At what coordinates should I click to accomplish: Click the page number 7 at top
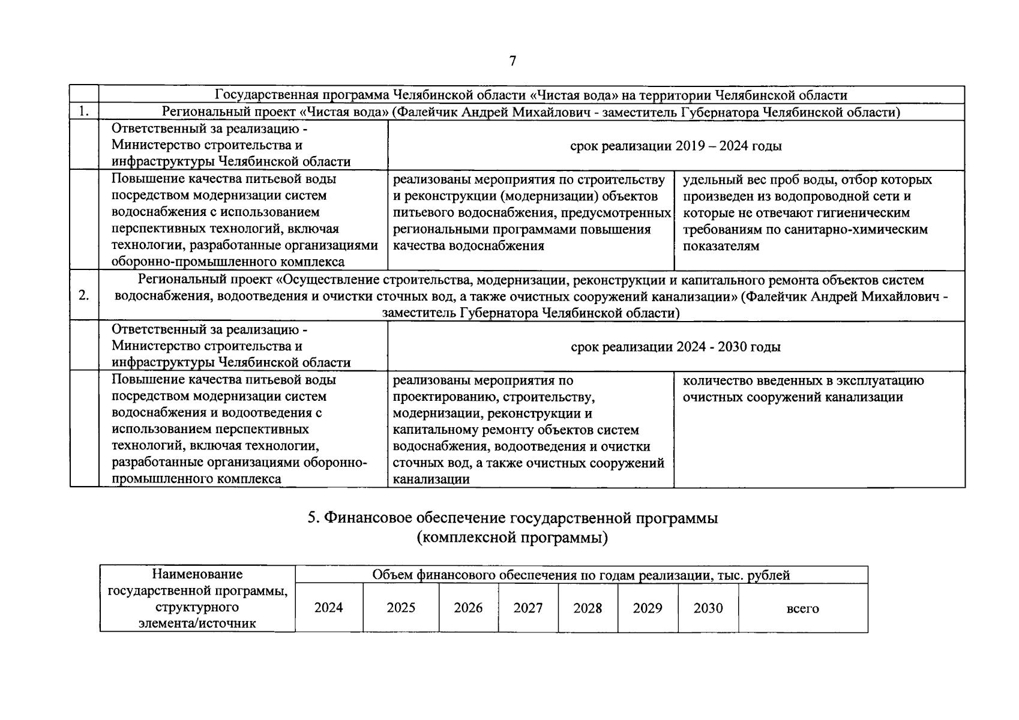pos(513,61)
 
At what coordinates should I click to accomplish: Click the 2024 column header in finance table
pos(328,608)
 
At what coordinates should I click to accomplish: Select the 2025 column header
pos(401,608)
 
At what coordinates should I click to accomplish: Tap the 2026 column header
pos(468,608)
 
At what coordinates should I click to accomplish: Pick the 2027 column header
pos(528,608)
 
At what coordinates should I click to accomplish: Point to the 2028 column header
pos(588,608)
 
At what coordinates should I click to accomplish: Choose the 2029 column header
pos(648,608)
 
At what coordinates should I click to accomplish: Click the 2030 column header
pos(708,608)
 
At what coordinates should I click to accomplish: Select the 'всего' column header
pos(802,608)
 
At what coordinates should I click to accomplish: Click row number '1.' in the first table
pos(84,112)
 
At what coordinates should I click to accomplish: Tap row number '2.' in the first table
pos(84,295)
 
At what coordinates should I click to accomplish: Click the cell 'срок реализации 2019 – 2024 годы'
pos(676,146)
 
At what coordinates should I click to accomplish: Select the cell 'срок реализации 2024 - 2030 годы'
pos(676,346)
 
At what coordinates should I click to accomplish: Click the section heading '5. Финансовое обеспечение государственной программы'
pos(513,518)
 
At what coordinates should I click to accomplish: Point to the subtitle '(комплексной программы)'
pos(513,538)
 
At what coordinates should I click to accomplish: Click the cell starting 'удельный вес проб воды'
pos(807,212)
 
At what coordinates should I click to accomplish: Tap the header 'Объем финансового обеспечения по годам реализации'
pos(581,575)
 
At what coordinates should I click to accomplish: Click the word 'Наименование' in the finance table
pos(197,574)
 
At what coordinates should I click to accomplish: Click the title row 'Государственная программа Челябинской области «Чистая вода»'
pos(531,95)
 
